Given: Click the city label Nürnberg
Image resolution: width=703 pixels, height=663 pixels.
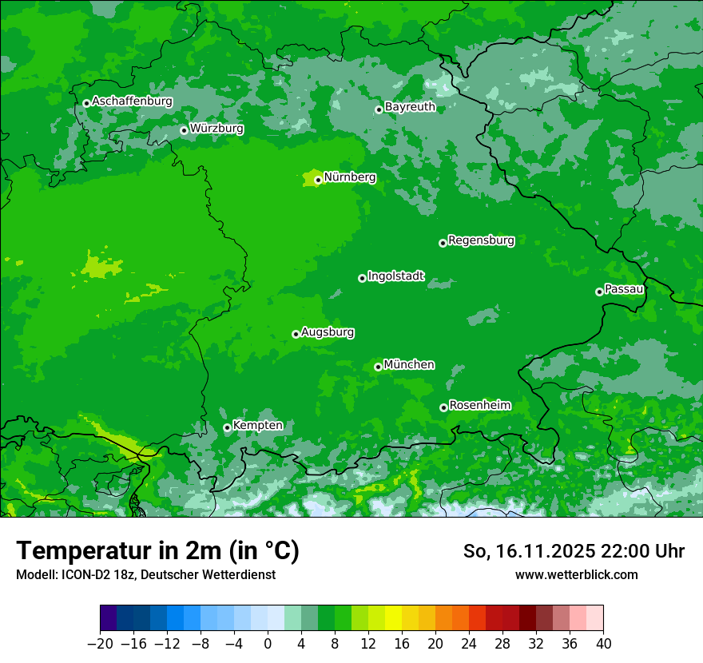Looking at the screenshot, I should pyautogui.click(x=350, y=177).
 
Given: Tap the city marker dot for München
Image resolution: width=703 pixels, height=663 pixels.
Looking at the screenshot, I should pyautogui.click(x=378, y=367).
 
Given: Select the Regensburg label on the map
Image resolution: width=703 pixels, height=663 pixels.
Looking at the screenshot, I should pyautogui.click(x=481, y=240).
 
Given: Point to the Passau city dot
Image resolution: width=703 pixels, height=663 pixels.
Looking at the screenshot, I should pyautogui.click(x=599, y=292).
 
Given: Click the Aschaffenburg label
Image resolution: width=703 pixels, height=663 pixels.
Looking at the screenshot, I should pyautogui.click(x=132, y=101).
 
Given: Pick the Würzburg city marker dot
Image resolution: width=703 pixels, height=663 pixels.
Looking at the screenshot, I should pyautogui.click(x=184, y=130).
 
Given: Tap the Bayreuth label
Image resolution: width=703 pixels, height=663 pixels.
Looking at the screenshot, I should pyautogui.click(x=410, y=107).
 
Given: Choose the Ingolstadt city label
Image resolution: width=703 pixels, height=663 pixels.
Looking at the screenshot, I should pyautogui.click(x=396, y=276).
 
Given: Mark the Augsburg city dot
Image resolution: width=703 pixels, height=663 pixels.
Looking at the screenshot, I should pyautogui.click(x=296, y=334).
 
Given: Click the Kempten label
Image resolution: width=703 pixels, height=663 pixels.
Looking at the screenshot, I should pyautogui.click(x=257, y=426).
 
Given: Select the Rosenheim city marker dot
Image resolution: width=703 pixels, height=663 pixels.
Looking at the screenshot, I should pyautogui.click(x=443, y=408).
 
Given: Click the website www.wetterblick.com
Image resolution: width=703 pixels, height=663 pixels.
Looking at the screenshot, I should pyautogui.click(x=576, y=575).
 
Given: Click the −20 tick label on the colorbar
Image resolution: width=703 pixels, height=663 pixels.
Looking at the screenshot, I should pyautogui.click(x=100, y=644).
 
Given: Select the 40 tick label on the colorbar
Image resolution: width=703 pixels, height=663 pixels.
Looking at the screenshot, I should pyautogui.click(x=603, y=644).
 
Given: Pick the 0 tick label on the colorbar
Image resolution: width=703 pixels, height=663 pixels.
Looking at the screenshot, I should pyautogui.click(x=268, y=644).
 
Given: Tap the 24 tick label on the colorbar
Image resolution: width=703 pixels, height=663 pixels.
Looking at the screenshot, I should pyautogui.click(x=469, y=644).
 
